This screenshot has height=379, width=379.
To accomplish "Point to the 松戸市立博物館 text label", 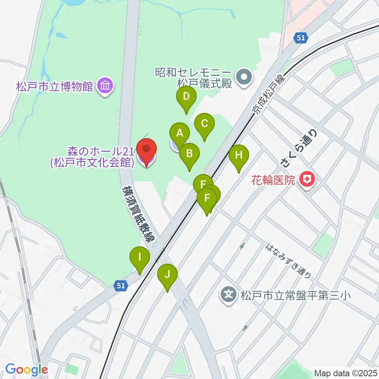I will click(x=54, y=86).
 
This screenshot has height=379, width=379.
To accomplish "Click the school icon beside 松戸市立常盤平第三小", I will click(x=229, y=294).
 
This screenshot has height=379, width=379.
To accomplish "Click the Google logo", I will click(x=26, y=370).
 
